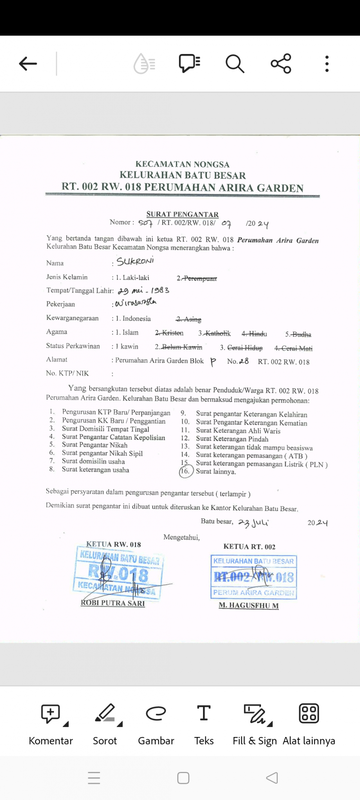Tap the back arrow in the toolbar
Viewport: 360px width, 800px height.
click(28, 64)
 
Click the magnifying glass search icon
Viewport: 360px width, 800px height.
click(234, 64)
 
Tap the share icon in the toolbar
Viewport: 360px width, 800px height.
click(281, 64)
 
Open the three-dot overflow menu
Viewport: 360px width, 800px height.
click(327, 64)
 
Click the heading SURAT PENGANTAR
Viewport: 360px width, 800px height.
click(182, 214)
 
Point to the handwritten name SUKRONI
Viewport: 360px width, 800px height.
click(135, 261)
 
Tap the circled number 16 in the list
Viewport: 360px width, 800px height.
click(185, 471)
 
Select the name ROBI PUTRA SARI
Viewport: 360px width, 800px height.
click(113, 603)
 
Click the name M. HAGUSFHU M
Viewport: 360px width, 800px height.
click(248, 606)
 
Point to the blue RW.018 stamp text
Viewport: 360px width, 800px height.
click(119, 574)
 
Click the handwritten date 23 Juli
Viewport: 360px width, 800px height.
click(253, 523)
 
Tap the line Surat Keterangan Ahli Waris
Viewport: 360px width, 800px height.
click(238, 431)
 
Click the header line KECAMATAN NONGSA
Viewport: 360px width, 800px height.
click(182, 164)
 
